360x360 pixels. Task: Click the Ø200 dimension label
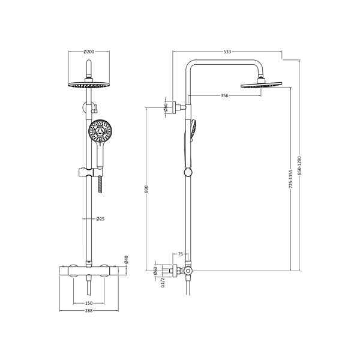click(89, 52)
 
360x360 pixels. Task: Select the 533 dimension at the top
click(227, 52)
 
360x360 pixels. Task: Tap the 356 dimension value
click(223, 95)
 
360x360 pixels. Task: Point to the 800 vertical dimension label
click(146, 189)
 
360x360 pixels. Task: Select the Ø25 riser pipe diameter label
click(100, 219)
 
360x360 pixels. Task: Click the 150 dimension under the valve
click(89, 304)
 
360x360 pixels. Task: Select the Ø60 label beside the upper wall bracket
click(165, 108)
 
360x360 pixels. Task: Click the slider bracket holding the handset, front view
click(88, 175)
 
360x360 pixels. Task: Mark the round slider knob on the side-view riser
click(188, 173)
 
